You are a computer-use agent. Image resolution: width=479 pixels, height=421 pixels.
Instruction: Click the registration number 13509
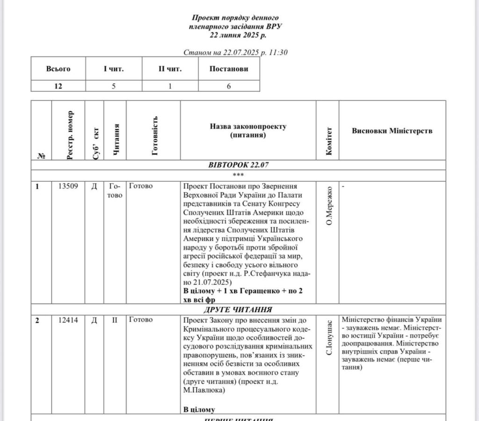(x=68, y=186)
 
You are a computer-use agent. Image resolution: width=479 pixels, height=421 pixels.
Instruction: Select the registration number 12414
(x=68, y=319)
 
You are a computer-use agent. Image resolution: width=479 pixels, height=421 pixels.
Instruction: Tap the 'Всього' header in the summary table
(x=58, y=69)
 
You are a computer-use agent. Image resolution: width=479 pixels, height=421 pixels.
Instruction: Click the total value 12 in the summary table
(x=58, y=86)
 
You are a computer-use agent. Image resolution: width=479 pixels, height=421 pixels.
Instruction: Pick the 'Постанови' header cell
(x=229, y=69)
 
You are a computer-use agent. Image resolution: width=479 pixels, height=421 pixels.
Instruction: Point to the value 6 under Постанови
(x=229, y=86)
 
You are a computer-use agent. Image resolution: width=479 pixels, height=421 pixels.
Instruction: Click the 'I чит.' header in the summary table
(x=114, y=69)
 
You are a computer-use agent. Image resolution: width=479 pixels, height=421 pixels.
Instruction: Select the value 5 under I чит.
(x=114, y=86)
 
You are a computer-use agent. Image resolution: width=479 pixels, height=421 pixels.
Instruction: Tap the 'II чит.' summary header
(x=170, y=69)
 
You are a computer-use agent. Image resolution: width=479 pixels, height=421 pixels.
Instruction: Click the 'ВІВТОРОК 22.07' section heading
(x=239, y=165)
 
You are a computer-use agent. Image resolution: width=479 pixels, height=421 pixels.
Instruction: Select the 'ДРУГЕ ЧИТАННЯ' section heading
(x=239, y=310)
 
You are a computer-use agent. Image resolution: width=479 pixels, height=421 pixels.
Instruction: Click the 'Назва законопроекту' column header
(x=248, y=131)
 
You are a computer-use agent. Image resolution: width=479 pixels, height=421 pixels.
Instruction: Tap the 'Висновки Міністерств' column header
(x=392, y=131)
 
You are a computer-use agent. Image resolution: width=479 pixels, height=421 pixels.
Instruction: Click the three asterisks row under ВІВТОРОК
(x=239, y=174)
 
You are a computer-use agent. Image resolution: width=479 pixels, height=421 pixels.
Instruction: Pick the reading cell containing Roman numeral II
(x=116, y=319)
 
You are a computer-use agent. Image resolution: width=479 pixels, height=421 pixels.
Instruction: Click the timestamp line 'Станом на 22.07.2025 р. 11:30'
(x=235, y=52)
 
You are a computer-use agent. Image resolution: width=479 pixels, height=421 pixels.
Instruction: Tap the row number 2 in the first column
(x=38, y=319)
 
